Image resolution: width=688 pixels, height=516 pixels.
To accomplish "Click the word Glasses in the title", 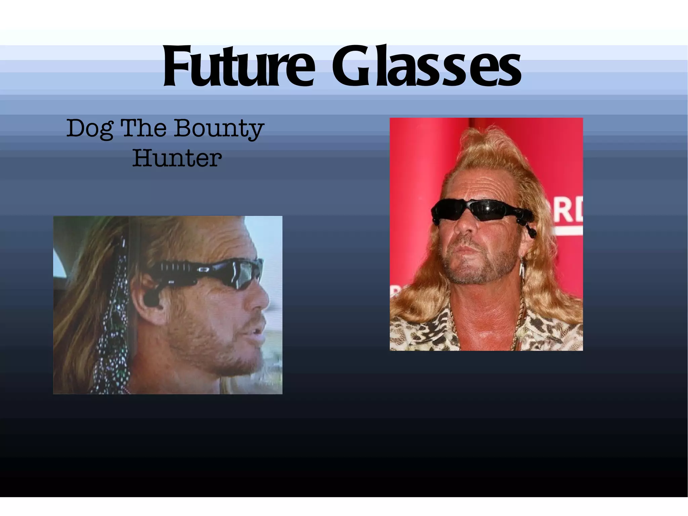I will pyautogui.click(x=427, y=68).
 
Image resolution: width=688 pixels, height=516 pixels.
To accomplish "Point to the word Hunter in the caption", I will pyautogui.click(x=177, y=158).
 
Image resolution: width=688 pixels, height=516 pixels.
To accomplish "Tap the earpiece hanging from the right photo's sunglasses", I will pyautogui.click(x=530, y=229).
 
